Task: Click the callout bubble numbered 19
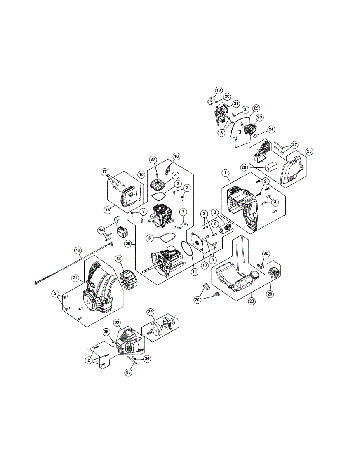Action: tap(218, 90)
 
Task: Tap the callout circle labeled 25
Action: tap(309, 151)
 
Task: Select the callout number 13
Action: tap(78, 250)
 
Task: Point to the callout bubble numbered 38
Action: tap(128, 243)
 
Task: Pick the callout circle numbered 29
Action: tap(270, 294)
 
